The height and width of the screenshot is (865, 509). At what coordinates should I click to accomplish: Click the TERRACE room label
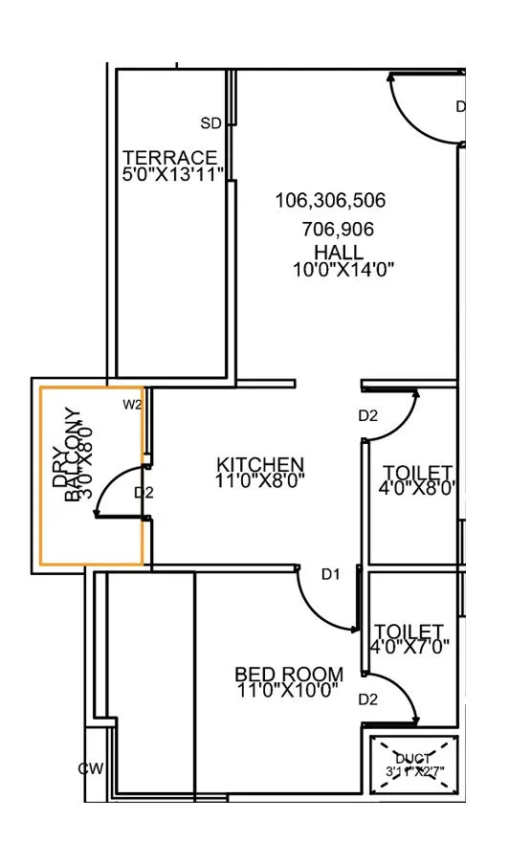click(x=170, y=157)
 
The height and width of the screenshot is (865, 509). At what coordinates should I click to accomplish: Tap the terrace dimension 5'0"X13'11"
click(x=173, y=173)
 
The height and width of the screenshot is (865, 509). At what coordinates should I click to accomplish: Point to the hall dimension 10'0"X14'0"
click(x=343, y=269)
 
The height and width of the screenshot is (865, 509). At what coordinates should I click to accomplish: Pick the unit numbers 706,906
click(x=337, y=230)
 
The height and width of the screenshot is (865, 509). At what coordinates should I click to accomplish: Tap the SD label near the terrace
click(x=210, y=123)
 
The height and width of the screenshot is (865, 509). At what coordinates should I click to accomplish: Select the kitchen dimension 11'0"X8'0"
click(x=259, y=481)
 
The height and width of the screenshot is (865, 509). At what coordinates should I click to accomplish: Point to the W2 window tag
click(x=132, y=405)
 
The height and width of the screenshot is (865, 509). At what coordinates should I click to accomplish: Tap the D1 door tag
click(x=331, y=574)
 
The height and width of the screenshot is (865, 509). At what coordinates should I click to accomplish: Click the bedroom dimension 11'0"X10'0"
click(x=287, y=692)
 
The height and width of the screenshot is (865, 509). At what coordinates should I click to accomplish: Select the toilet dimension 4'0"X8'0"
click(x=417, y=489)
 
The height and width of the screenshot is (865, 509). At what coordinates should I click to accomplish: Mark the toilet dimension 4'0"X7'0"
click(x=409, y=648)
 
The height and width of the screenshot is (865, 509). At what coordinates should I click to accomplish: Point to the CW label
click(x=92, y=769)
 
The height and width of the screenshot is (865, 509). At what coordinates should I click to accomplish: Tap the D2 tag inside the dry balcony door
click(x=144, y=493)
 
